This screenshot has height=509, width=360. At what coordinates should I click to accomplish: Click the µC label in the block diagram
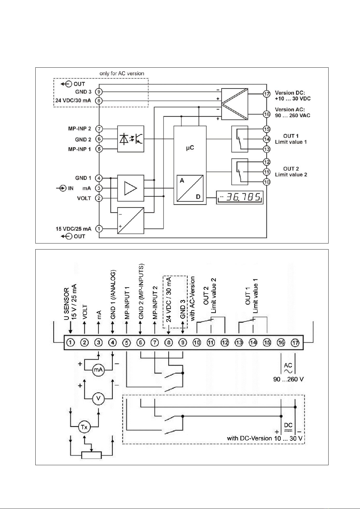click(x=190, y=148)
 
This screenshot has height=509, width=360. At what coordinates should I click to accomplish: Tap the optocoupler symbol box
click(x=130, y=139)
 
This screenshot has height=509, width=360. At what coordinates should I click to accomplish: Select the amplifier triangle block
click(x=130, y=188)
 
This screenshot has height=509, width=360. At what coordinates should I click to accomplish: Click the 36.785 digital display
click(x=239, y=198)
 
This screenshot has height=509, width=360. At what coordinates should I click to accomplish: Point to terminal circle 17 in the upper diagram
click(x=267, y=94)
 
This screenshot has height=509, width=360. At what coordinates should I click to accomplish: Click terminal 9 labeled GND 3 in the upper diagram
click(x=99, y=92)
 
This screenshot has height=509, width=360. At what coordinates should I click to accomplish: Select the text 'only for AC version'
click(x=122, y=73)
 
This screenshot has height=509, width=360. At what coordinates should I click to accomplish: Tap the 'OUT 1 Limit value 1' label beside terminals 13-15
click(x=291, y=139)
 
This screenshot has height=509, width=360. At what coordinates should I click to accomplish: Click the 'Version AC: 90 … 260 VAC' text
click(x=293, y=112)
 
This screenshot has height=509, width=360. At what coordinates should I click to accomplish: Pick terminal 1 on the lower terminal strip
click(x=71, y=343)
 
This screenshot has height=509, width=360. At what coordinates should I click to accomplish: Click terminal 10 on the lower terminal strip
click(x=197, y=343)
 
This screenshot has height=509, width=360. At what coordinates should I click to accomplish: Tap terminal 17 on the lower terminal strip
click(x=295, y=343)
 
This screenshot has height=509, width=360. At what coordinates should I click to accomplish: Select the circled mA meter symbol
click(x=98, y=370)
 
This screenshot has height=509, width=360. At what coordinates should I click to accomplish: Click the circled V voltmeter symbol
click(x=98, y=398)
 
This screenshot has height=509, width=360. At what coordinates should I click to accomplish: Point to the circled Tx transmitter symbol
click(x=84, y=427)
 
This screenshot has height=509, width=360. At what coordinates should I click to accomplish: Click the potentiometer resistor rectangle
click(x=91, y=455)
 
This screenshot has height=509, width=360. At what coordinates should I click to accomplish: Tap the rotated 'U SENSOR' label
click(x=66, y=304)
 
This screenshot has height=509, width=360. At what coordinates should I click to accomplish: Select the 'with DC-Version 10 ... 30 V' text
click(x=265, y=438)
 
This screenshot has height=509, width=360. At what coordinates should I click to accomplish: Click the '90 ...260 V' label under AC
click(x=288, y=379)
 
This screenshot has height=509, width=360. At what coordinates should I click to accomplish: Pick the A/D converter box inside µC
click(x=190, y=188)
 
